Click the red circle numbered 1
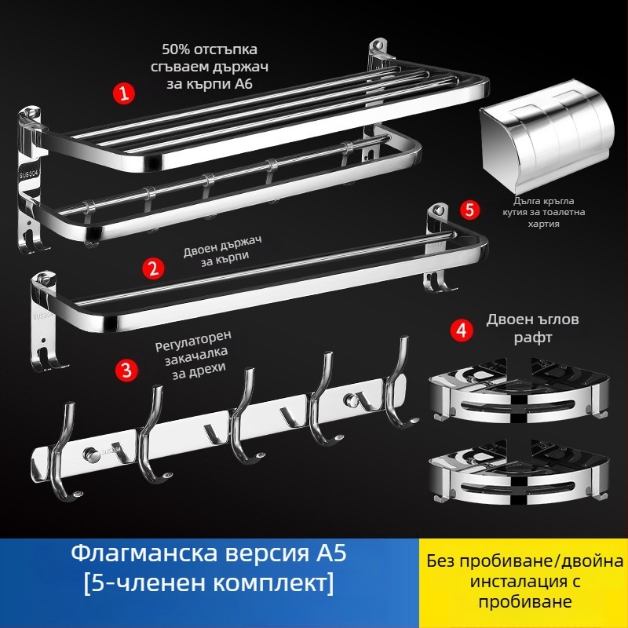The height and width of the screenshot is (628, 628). [122, 93]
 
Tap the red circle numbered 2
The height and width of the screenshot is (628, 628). [153, 267]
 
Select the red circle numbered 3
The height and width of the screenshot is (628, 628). [124, 368]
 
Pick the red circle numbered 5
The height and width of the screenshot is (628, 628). [469, 210]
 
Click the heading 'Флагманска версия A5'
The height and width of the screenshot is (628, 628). [208, 555]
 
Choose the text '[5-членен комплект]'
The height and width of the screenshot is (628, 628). [208, 584]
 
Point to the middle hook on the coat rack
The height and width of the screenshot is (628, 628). [240, 424]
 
